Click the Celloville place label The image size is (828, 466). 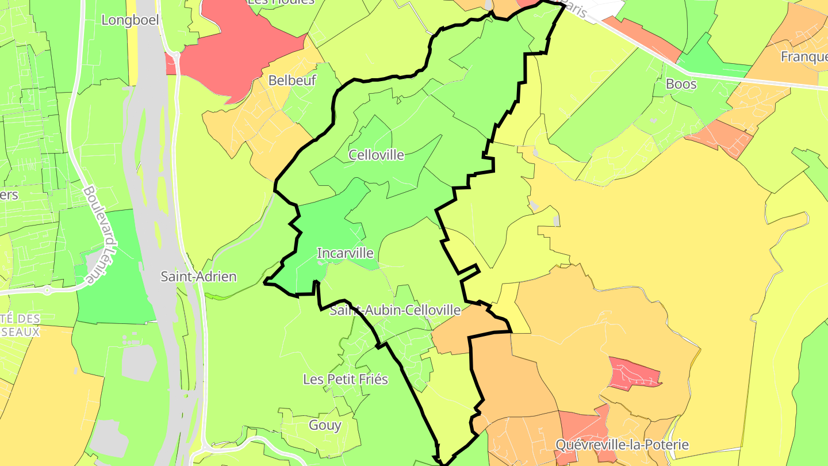coord(376,155)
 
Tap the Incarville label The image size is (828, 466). coord(345,253)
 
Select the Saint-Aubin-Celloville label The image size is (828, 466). coord(395,311)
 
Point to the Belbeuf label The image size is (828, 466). coord(292,81)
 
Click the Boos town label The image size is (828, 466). coord(681,84)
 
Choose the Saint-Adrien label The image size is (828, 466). coord(198,277)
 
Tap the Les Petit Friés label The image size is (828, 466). coord(345,380)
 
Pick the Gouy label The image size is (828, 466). coord(325,426)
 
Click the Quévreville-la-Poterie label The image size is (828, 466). coord(622,445)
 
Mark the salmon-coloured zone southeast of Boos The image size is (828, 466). coord(722,138)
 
